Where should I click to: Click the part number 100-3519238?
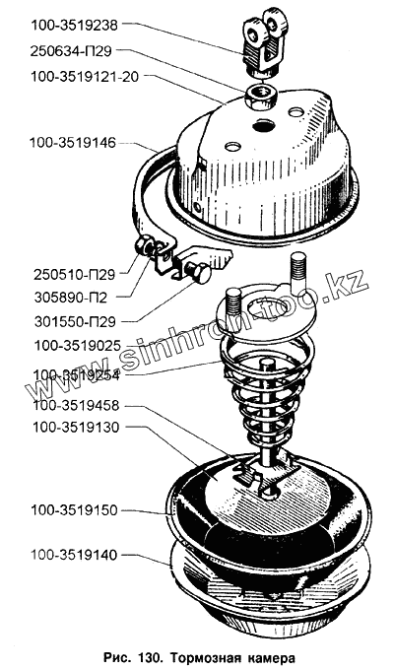tap(74, 26)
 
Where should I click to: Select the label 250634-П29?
tap(71, 51)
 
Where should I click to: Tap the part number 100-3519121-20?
tap(85, 78)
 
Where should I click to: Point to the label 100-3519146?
tap(73, 143)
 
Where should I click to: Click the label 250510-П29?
tap(74, 275)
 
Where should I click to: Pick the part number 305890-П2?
tap(71, 298)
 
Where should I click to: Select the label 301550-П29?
tap(75, 321)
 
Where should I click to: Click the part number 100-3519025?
tap(77, 345)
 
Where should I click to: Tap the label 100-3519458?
tap(77, 405)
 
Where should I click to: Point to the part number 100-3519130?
tap(77, 428)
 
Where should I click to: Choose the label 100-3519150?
tap(74, 510)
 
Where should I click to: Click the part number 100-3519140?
tap(74, 555)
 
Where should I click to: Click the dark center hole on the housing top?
tap(264, 126)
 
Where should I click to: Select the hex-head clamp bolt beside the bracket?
tap(197, 273)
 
